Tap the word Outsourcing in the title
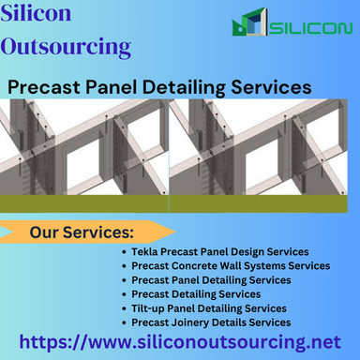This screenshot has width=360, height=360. coord(66,45)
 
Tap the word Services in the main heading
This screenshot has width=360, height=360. coord(274,85)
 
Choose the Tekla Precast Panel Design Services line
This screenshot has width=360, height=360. coord(221,252)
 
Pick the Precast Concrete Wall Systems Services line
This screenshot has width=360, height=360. coord(231,266)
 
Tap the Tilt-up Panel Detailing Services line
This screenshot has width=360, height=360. coord(209,308)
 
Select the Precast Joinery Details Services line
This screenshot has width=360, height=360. coord(211,322)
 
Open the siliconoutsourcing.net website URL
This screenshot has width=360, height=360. coord(180,343)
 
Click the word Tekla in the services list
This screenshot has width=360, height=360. coord(145,252)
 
